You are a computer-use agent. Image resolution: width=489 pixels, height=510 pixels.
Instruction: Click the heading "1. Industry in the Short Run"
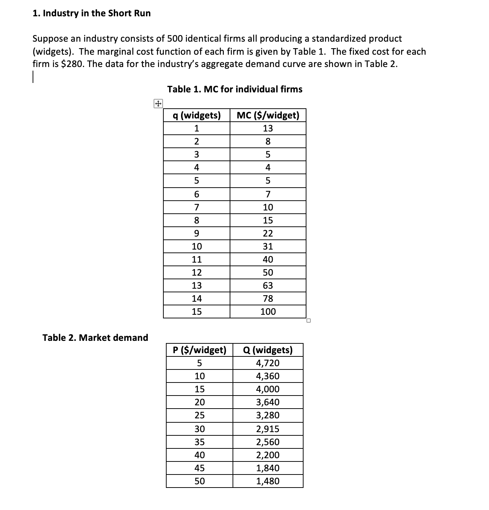point(91,13)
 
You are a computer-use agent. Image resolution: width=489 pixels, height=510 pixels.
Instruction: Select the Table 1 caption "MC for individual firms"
point(235,89)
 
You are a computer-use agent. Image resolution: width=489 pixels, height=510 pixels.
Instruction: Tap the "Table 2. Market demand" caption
point(95,338)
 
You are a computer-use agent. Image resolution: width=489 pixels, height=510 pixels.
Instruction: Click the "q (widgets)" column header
point(197,116)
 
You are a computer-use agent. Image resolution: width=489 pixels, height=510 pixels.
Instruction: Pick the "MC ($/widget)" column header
point(268,116)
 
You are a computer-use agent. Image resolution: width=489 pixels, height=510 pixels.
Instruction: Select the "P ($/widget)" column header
point(199,350)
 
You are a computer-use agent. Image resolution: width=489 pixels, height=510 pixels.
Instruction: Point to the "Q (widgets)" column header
point(268,350)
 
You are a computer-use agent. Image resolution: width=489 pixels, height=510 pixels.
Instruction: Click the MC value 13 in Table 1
point(268,129)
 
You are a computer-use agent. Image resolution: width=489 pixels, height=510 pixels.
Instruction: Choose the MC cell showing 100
point(268,312)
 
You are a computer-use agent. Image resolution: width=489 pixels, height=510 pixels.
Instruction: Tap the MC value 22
point(268,233)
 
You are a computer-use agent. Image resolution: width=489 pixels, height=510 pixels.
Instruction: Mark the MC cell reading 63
point(268,285)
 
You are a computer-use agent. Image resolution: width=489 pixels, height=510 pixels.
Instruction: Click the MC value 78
point(268,298)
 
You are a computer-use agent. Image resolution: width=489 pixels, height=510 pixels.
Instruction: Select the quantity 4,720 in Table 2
point(268,363)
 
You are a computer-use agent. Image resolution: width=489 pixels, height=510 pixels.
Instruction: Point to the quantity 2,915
point(268,429)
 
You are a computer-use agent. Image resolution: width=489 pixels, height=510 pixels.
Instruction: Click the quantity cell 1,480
point(268,481)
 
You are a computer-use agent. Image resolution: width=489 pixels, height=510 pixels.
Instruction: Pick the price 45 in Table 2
point(199,468)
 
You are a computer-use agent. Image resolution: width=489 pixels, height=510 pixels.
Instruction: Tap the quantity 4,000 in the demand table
point(268,389)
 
